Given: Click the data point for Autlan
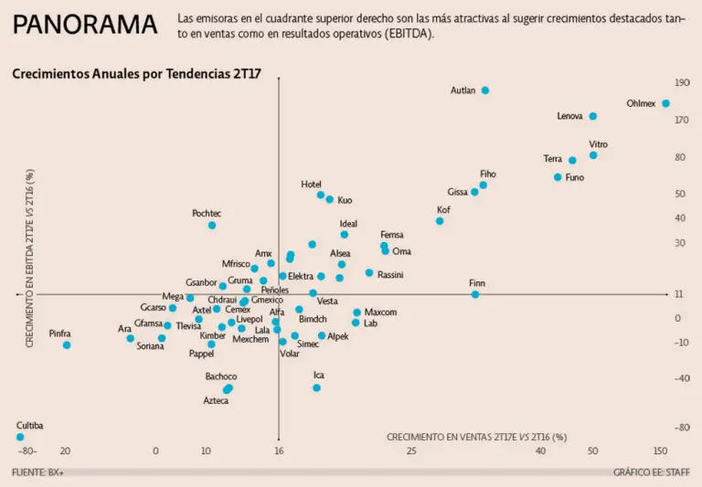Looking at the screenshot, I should pos(485,90).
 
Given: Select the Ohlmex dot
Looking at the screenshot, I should pos(665,104).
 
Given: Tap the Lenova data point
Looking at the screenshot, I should pos(593,116).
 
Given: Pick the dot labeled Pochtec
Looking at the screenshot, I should pos(212,225).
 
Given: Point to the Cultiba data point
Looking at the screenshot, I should pos(20,437).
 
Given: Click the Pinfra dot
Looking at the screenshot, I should pos(67,345).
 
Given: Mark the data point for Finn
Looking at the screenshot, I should pos(475,294).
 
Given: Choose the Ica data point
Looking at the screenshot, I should pos(316,387).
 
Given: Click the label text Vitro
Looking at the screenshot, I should pos(599,144).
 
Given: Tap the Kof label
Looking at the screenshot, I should pos(444,210).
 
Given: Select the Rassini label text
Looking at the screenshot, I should pos(390,274).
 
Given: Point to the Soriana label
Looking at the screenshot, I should pos(151,346).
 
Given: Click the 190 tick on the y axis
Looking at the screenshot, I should pos(682,82).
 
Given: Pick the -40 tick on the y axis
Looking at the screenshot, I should pos(680,378).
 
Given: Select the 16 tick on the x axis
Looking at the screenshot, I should pos(280,450).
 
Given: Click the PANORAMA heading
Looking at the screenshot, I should pos(85,25).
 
